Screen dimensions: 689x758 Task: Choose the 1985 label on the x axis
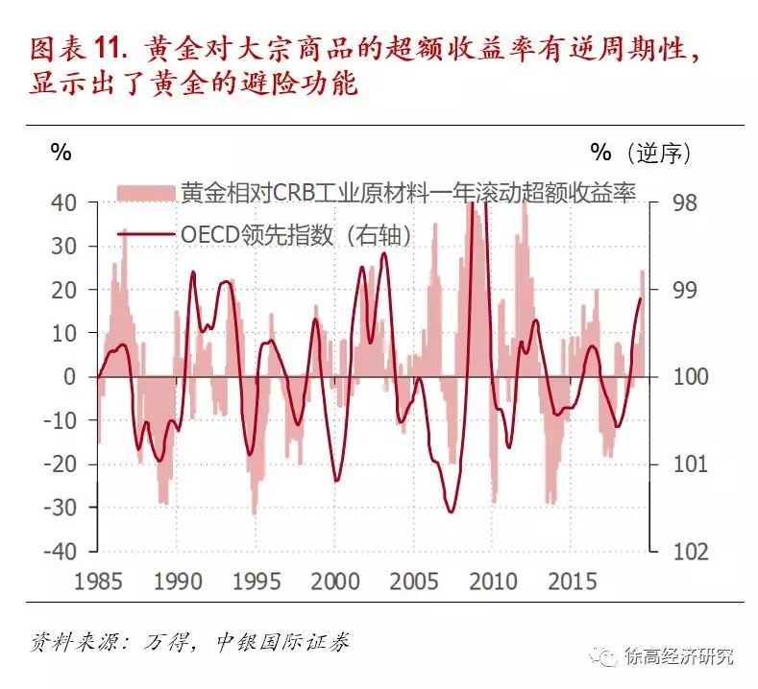[98, 582]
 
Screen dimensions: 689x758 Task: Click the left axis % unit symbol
[61, 152]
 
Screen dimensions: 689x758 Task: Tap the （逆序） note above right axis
[657, 152]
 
